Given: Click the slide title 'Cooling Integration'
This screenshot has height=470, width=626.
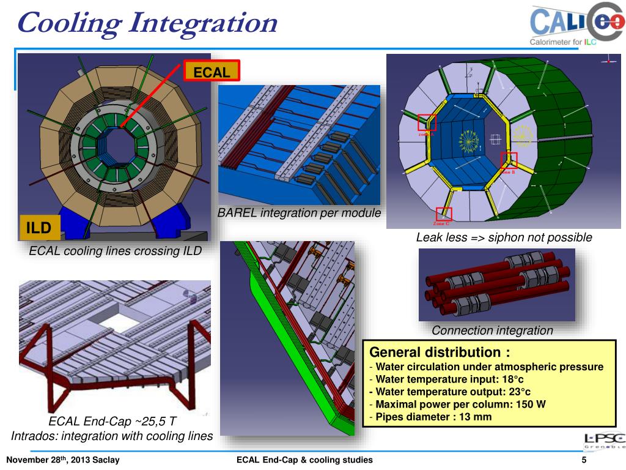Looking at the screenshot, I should [147, 23].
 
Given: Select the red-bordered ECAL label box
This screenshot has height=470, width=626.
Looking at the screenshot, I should [212, 72].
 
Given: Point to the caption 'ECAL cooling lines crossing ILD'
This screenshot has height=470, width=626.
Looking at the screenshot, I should [115, 251].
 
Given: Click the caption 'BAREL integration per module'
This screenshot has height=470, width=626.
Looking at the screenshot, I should [300, 213].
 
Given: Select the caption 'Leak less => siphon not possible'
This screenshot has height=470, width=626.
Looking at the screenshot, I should [504, 237].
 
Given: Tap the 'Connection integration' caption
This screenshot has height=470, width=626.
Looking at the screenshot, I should [492, 330].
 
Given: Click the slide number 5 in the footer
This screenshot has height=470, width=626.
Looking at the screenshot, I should [584, 460].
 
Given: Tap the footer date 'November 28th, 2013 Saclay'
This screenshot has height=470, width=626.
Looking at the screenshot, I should [63, 460].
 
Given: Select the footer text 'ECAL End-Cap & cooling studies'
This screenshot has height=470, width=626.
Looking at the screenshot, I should [304, 460].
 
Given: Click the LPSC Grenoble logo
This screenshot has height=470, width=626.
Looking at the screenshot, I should [604, 442].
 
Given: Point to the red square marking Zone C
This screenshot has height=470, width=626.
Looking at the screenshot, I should [444, 214].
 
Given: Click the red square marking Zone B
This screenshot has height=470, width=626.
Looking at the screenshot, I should [509, 160].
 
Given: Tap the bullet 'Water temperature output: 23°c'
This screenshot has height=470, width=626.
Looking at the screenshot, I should [452, 392].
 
